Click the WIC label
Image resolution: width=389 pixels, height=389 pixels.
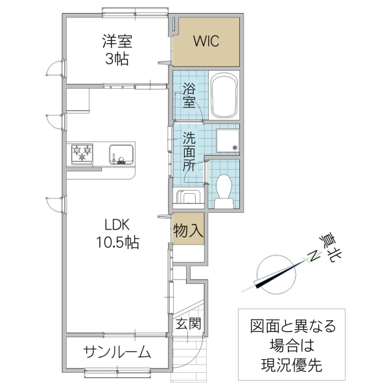point(207,41)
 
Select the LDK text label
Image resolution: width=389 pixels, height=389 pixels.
point(118,225)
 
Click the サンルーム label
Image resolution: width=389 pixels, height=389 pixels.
point(117,353)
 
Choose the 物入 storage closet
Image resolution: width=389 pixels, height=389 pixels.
point(189,229)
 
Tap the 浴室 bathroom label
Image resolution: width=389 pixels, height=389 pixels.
point(188,95)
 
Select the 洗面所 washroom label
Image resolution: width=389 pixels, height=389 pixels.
point(188,151)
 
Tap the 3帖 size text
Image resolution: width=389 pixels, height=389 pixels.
point(117,60)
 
